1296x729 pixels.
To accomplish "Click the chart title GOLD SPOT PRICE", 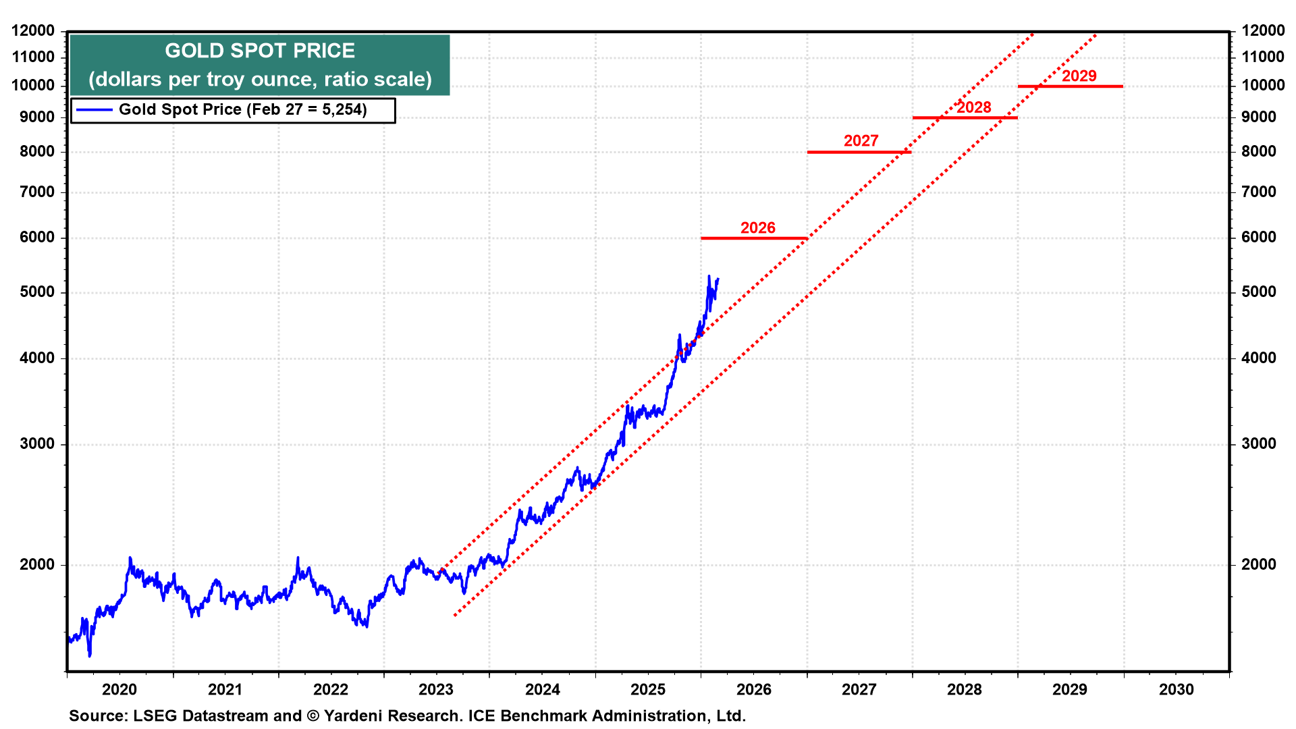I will tap(260, 51).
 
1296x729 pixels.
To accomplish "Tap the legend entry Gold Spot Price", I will tap(242, 110).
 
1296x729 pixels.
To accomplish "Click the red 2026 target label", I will tap(757, 228).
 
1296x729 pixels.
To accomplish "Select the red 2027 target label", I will tap(861, 141).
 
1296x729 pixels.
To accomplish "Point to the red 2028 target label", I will tap(973, 107).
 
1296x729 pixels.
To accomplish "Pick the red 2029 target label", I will tap(1079, 76).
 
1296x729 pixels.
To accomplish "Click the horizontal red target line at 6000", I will tap(753, 238).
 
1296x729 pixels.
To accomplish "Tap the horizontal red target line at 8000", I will tap(859, 153).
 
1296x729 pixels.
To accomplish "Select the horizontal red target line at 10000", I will tap(1070, 86).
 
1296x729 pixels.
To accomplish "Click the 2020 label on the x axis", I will tap(119, 690).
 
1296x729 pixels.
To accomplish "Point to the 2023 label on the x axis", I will tap(436, 690).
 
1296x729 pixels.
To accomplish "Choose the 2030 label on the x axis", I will tap(1176, 690).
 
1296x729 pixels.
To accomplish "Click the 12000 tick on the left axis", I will tap(33, 30).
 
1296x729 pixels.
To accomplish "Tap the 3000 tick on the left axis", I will tap(37, 444).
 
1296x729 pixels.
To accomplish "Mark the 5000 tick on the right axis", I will tap(1258, 292).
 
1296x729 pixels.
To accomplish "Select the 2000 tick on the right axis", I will tap(1258, 565).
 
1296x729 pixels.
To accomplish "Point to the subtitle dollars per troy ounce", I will tap(260, 80).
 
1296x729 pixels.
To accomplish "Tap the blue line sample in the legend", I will tap(94, 110).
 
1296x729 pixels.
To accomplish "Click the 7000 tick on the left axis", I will tap(37, 192).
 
